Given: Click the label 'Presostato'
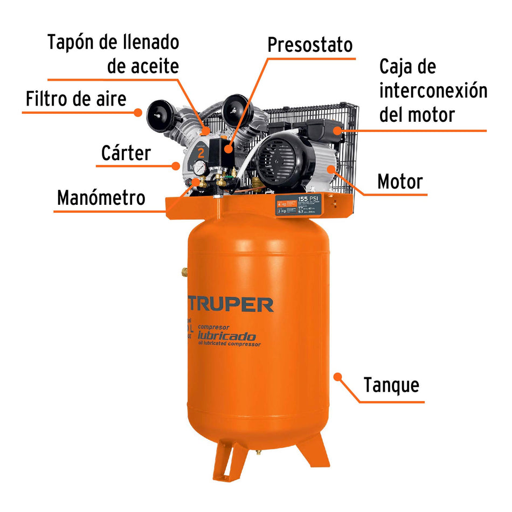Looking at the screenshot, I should point(310,44).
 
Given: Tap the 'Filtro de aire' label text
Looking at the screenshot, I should point(76,99).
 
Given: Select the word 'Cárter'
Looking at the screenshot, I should point(126,154).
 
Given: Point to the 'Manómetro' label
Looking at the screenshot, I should point(101,198).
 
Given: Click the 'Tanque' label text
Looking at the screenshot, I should point(391,385).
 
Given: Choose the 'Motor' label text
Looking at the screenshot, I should point(400,182).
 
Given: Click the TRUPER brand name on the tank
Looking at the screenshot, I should point(231,305).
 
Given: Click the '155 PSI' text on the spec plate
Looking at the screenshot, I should point(308,199).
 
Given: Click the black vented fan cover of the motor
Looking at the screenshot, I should point(275,162).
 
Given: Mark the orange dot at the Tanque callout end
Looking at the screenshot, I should point(338,376).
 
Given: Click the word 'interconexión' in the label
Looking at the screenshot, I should point(433,91).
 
